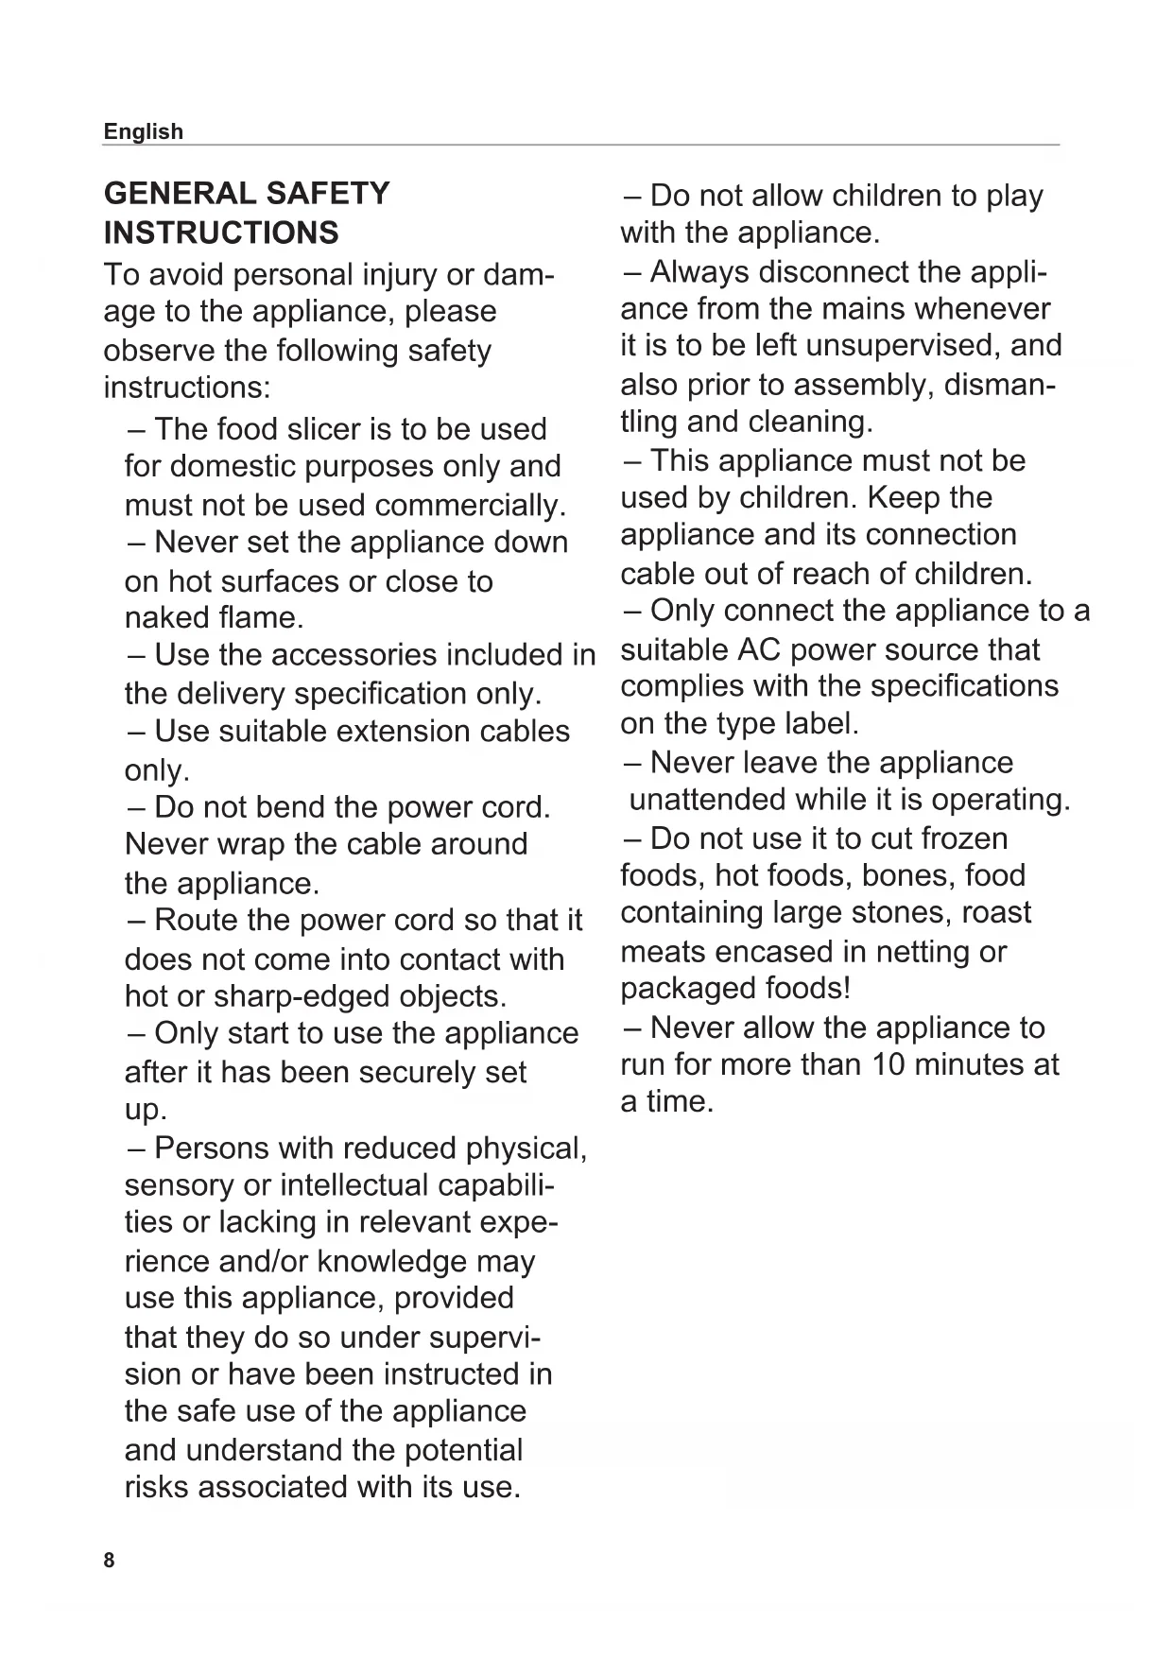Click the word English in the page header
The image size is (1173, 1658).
pyautogui.click(x=143, y=131)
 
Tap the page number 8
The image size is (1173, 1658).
pyautogui.click(x=109, y=1560)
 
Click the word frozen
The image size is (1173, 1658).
pyautogui.click(x=964, y=838)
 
